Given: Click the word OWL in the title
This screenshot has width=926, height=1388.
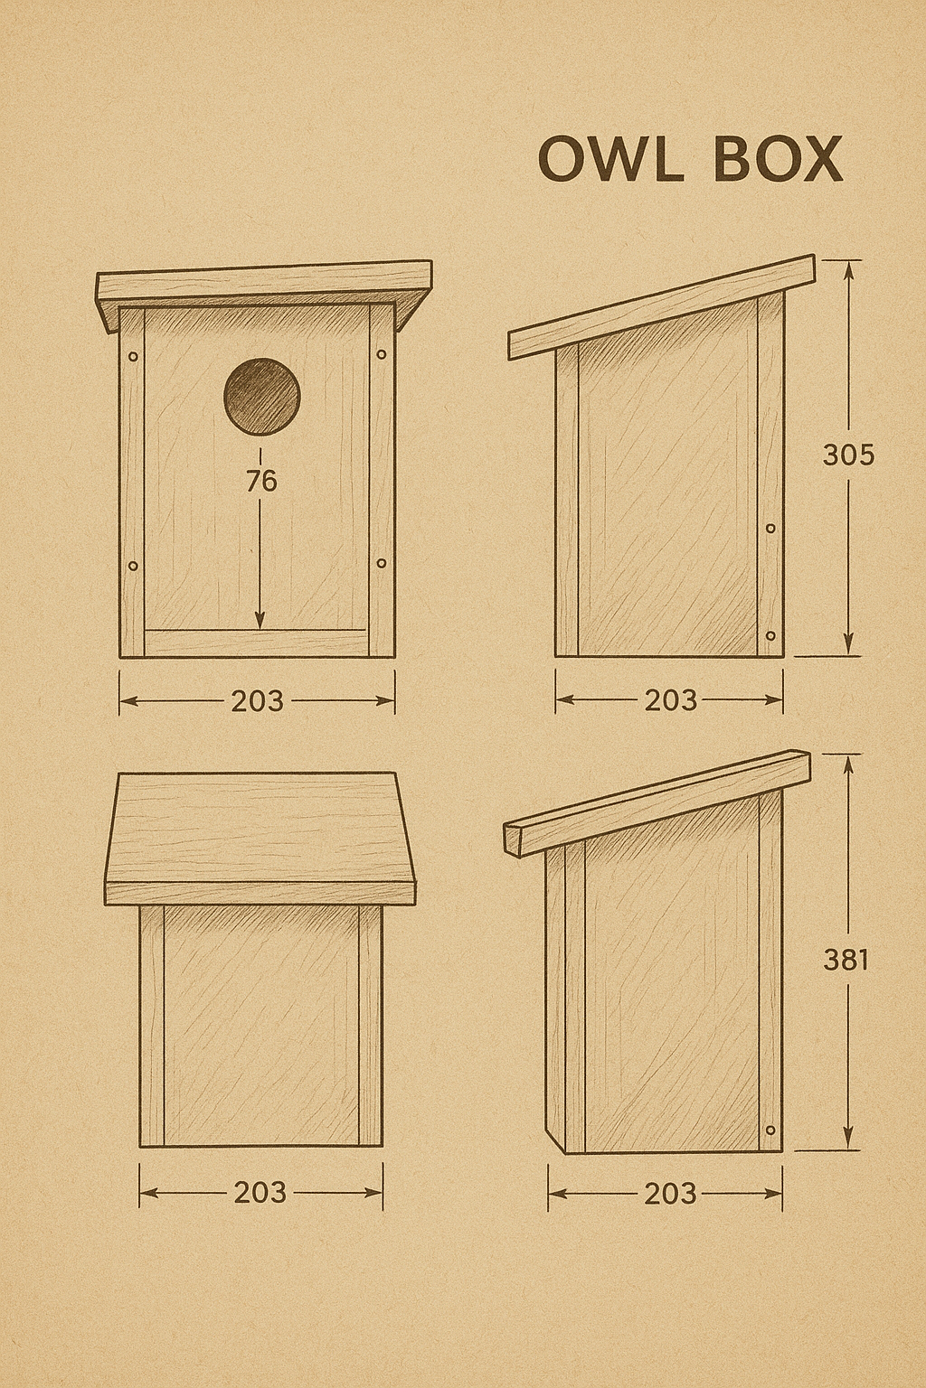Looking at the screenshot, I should click(607, 160).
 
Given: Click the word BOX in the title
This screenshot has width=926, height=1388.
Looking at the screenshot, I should click(778, 160).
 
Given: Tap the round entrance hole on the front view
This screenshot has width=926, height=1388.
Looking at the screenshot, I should click(262, 396).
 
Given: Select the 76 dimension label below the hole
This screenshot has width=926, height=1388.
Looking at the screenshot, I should click(260, 482).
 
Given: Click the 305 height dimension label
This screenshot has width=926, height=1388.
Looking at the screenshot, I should click(848, 455).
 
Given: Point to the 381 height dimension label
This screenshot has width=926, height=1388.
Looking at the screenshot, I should click(846, 960).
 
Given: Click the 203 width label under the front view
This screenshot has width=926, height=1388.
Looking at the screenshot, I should click(257, 700).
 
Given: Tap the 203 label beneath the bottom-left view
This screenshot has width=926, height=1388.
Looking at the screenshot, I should click(260, 1193).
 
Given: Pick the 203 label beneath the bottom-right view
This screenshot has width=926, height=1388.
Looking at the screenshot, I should click(670, 1194).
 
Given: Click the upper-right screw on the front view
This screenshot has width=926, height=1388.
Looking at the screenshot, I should click(381, 354).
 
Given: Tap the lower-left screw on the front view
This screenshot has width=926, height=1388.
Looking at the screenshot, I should click(134, 567).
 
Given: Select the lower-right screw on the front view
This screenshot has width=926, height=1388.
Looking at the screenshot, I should click(381, 563).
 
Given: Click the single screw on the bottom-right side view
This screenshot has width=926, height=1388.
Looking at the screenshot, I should click(770, 1130).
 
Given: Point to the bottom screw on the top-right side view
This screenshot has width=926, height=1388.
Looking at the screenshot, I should click(770, 636).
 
